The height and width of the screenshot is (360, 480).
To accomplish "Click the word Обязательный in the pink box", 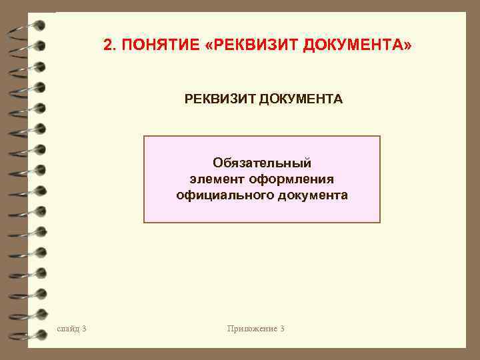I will click(x=262, y=163).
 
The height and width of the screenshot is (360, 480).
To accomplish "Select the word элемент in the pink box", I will click(x=217, y=179).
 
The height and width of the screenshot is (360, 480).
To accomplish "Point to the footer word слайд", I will click(x=69, y=329).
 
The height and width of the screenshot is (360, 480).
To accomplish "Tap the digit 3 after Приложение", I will click(x=283, y=329).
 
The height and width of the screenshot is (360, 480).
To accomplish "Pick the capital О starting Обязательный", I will click(x=217, y=163).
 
